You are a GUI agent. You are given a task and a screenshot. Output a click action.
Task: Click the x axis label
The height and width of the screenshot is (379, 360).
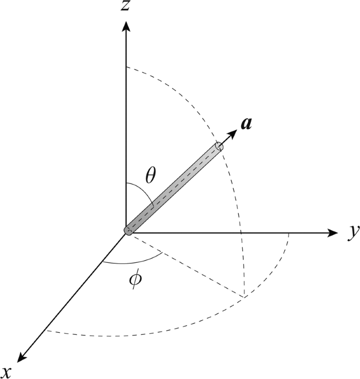22,357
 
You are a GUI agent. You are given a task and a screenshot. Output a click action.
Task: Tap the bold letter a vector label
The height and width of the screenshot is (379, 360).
245,124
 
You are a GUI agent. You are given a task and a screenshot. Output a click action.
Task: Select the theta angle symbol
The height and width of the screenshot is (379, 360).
151,176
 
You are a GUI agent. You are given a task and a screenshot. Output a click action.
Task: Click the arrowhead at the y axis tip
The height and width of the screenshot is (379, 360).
332,232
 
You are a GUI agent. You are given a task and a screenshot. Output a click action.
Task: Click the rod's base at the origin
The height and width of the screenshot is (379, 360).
128,230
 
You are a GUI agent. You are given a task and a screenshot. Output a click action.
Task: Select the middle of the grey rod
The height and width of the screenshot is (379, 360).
173,189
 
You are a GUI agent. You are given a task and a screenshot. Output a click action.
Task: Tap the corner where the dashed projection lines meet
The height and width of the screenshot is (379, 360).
244,298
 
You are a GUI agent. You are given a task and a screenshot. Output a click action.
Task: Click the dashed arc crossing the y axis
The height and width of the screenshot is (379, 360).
241,232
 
